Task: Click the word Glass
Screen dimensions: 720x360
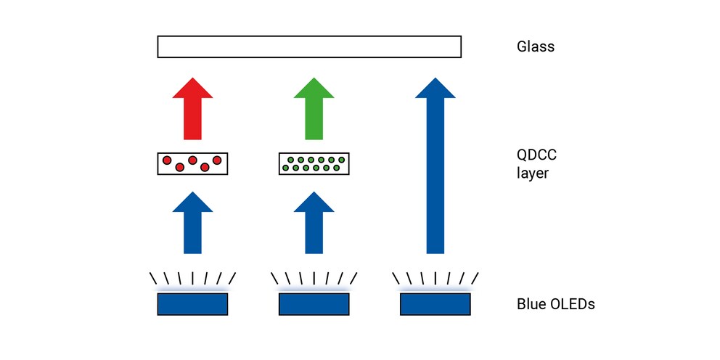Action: pyautogui.click(x=536, y=47)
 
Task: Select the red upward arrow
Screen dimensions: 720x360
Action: pyautogui.click(x=192, y=109)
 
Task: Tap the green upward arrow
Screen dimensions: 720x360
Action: pyautogui.click(x=314, y=109)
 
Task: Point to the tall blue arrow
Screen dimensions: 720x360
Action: pyautogui.click(x=435, y=165)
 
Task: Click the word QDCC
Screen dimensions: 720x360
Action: pyautogui.click(x=537, y=155)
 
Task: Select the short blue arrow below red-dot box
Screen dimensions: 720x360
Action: pyautogui.click(x=192, y=223)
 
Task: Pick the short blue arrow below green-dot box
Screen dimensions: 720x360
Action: pyautogui.click(x=314, y=223)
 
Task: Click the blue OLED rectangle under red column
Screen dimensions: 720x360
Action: pyautogui.click(x=192, y=304)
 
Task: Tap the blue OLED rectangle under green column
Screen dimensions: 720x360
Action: pyautogui.click(x=314, y=304)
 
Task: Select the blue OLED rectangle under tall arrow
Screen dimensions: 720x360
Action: pyautogui.click(x=435, y=304)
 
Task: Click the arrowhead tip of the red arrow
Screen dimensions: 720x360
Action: pyautogui.click(x=192, y=78)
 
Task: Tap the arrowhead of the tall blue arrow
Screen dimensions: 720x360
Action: pyautogui.click(x=435, y=88)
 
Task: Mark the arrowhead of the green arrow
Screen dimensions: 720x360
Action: pyautogui.click(x=314, y=88)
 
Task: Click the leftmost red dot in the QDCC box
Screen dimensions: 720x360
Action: pyautogui.click(x=167, y=160)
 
